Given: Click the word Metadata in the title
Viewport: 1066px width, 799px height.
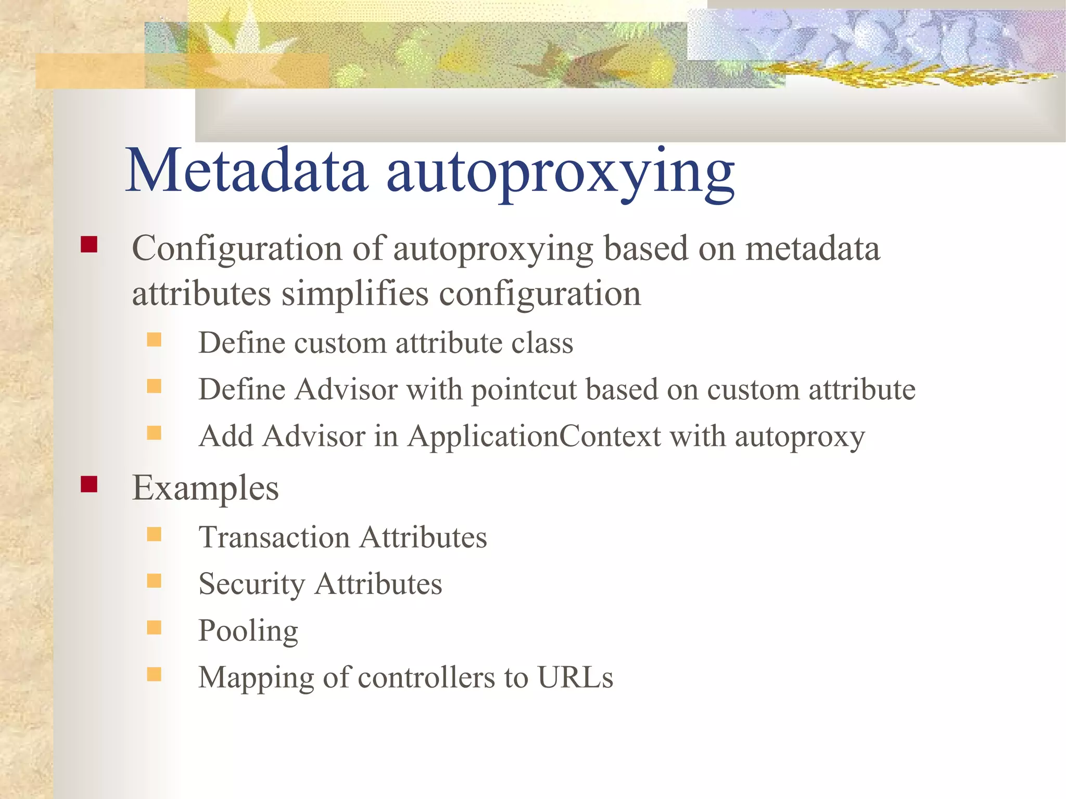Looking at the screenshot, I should pyautogui.click(x=247, y=171).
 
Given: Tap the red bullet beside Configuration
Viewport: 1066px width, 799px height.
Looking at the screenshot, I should pyautogui.click(x=89, y=245).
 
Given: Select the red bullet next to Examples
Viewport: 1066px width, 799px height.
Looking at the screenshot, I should pyautogui.click(x=89, y=485).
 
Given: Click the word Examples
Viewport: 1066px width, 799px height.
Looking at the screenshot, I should pyautogui.click(x=205, y=488).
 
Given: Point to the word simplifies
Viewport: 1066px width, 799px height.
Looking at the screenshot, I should pyautogui.click(x=355, y=294).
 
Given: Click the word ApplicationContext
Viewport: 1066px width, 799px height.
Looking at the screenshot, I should pyautogui.click(x=534, y=436).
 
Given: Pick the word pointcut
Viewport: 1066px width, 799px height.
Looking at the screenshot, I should pyautogui.click(x=524, y=389).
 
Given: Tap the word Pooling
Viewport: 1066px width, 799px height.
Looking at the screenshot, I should pyautogui.click(x=248, y=631).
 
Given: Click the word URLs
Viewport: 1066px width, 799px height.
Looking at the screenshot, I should pyautogui.click(x=575, y=677).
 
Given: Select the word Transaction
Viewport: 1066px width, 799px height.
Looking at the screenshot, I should pyautogui.click(x=274, y=537).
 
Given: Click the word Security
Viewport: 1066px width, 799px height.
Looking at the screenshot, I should pyautogui.click(x=251, y=584).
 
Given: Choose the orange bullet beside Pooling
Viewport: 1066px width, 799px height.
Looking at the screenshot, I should pyautogui.click(x=154, y=628).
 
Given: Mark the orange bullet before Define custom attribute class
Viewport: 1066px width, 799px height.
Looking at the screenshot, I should pyautogui.click(x=154, y=340).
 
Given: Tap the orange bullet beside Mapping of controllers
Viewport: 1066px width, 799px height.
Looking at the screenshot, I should pyautogui.click(x=154, y=675).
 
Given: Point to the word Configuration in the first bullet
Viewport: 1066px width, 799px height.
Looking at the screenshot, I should pyautogui.click(x=237, y=248).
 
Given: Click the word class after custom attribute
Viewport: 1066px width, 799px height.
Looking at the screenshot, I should pyautogui.click(x=542, y=343).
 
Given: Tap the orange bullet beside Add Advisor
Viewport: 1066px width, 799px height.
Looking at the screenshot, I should pyautogui.click(x=154, y=433).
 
